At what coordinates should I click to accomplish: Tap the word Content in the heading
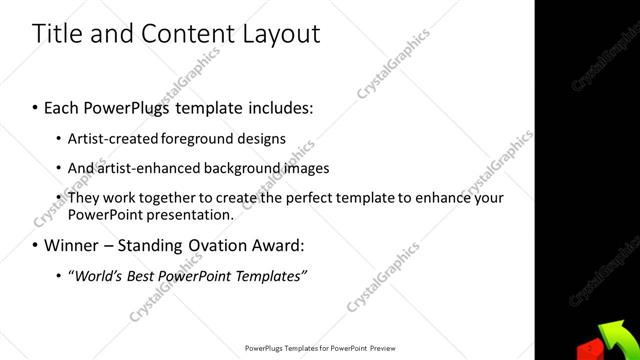point(182,33)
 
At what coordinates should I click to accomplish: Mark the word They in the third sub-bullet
point(84,198)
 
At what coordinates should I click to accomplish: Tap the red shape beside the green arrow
point(590,349)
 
